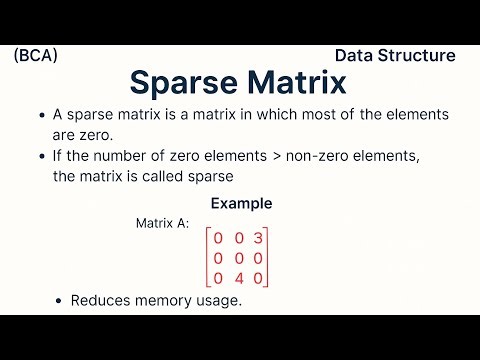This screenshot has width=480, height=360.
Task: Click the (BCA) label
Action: pos(36,56)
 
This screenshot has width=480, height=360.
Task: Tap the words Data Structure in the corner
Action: pos(395,56)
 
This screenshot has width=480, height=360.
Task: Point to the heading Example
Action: pos(241,203)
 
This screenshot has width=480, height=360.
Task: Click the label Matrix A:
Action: pos(162,223)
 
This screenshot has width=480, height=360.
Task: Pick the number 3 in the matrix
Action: pos(258,238)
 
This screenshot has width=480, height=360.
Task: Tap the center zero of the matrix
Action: pos(239,257)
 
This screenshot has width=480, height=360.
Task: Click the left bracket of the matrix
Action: pos(208,257)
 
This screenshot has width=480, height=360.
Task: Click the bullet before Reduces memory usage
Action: pos(60,300)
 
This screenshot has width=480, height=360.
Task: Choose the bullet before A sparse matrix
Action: pos(40,115)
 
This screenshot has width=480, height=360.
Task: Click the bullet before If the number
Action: pos(40,156)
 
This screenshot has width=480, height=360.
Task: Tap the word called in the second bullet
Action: pos(128,176)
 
